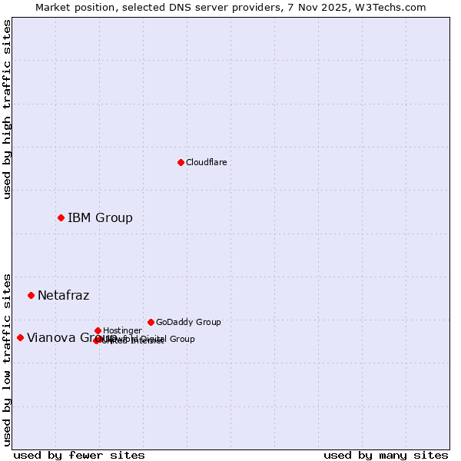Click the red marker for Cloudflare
click(181, 162)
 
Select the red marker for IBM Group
click(61, 217)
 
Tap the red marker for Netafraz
click(31, 295)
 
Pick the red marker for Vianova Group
click(20, 337)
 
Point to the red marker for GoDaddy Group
click(151, 322)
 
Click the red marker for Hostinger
click(98, 330)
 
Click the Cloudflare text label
click(206, 162)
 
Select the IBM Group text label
click(100, 217)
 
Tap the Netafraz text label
click(63, 295)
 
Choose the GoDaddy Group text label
click(188, 322)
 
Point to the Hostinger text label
click(122, 330)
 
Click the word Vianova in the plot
click(50, 337)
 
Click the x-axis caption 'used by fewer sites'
click(79, 455)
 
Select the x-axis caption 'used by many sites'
click(386, 455)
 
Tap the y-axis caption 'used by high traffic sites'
click(7, 109)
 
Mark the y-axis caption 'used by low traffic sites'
click(7, 359)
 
